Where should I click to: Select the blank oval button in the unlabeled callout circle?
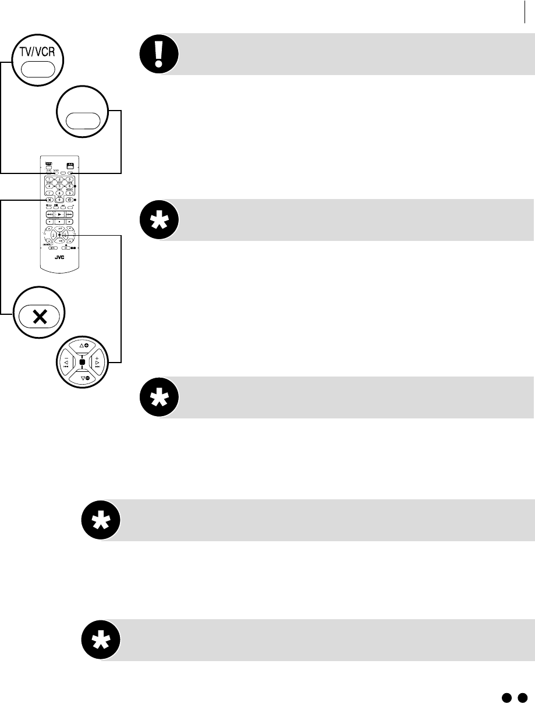click(83, 120)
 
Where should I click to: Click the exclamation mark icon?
click(158, 54)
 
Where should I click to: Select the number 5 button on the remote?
click(59, 186)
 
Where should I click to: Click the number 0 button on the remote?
click(59, 200)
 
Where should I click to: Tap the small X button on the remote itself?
click(50, 200)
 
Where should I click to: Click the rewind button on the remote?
click(50, 214)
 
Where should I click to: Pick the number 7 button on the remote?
click(50, 193)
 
